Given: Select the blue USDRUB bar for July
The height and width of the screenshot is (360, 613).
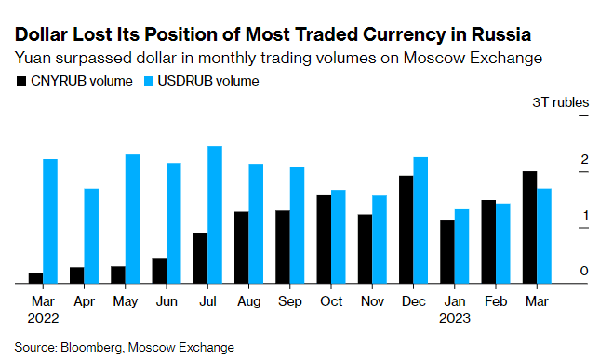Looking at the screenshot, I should point(214,215).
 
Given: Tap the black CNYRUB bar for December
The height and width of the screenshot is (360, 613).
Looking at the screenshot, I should point(406,230).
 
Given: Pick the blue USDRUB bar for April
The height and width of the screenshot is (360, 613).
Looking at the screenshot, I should point(91,236).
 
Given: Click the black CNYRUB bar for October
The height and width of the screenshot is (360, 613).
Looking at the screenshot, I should point(324,239).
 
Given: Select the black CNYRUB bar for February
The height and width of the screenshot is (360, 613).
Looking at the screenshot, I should point(487,242).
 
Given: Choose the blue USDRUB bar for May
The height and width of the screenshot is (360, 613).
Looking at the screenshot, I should point(132,219).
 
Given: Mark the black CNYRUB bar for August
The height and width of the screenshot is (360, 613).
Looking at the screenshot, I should point(242,247).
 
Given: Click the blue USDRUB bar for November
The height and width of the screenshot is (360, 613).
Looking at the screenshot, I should point(380,239).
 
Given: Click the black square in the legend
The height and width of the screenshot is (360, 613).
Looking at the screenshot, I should point(20,81).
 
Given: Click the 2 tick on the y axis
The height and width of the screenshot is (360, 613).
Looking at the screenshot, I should point(584,161).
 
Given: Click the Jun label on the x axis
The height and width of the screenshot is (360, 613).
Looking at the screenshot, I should point(166,301).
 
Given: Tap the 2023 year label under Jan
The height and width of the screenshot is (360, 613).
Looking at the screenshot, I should point(454,318).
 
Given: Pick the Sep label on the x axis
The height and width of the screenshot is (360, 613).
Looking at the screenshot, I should point(289,301).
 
